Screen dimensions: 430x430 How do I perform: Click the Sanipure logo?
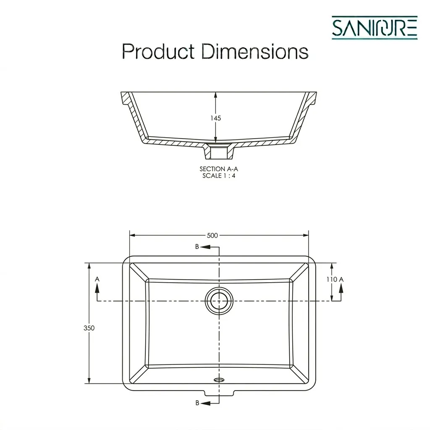pyautogui.click(x=374, y=28)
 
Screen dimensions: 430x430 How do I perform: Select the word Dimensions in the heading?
pyautogui.click(x=255, y=51)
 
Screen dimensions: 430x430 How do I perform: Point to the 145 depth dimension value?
pyautogui.click(x=215, y=118)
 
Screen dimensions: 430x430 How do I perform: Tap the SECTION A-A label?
pyautogui.click(x=218, y=169)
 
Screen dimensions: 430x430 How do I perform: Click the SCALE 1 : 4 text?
pyautogui.click(x=218, y=176)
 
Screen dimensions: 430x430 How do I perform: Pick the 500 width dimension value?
pyautogui.click(x=212, y=236)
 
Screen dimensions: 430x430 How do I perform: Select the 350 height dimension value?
pyautogui.click(x=89, y=328)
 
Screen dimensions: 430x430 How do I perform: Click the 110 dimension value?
pyautogui.click(x=332, y=279)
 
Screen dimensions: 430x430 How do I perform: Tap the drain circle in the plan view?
pyautogui.click(x=219, y=301)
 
